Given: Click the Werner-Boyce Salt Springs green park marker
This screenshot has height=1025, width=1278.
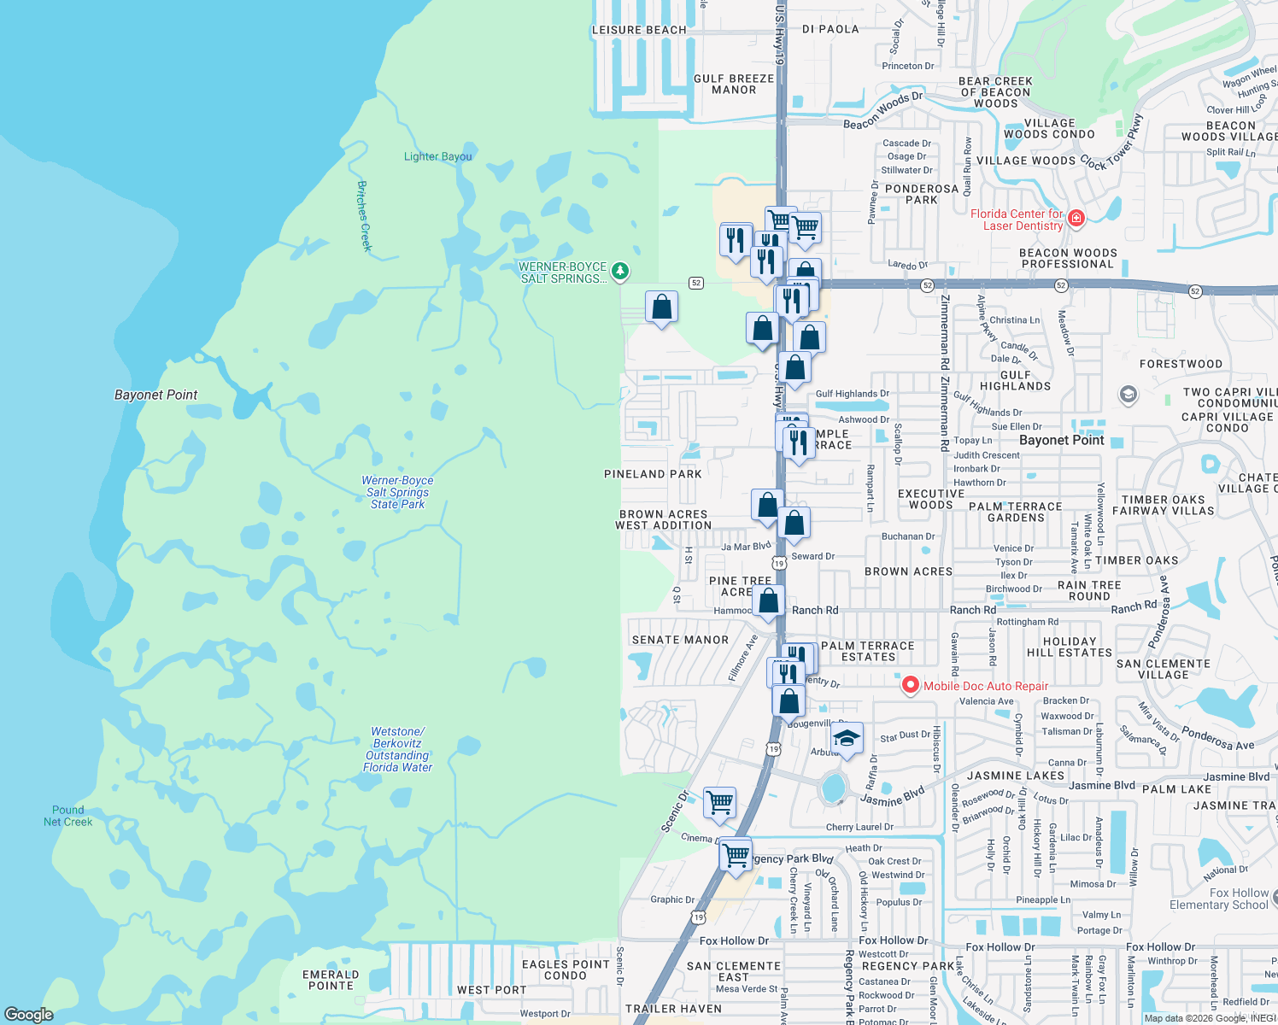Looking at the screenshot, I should (620, 272).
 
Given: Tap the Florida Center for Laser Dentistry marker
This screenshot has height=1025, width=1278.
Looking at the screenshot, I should (1076, 218).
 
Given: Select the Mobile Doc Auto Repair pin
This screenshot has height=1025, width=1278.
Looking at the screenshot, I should (911, 685).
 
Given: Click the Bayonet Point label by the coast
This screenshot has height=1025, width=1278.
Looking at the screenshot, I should (155, 395).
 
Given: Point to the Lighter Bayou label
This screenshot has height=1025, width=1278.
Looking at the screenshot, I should (437, 156).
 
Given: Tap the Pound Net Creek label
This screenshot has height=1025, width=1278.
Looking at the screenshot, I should (67, 816).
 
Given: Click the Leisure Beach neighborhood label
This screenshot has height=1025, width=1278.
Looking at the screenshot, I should (639, 30).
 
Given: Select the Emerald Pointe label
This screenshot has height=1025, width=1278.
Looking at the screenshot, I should (331, 980).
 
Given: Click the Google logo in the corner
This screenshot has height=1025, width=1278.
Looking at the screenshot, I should (29, 1014).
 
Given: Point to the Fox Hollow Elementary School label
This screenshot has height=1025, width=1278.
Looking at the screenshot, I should (1219, 899).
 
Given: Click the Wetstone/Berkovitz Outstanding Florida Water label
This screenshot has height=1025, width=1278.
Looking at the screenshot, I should (397, 749).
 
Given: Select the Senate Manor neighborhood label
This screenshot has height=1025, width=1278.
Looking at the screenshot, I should (680, 640).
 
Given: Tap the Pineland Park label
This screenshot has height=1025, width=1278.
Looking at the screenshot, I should (653, 474).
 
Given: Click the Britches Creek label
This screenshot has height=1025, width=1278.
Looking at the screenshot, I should (364, 215).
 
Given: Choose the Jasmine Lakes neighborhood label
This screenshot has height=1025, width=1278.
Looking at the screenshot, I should (1015, 776).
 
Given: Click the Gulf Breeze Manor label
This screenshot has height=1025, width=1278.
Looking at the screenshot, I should (734, 84).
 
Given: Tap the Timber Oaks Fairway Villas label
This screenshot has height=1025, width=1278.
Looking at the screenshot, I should (1163, 505).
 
